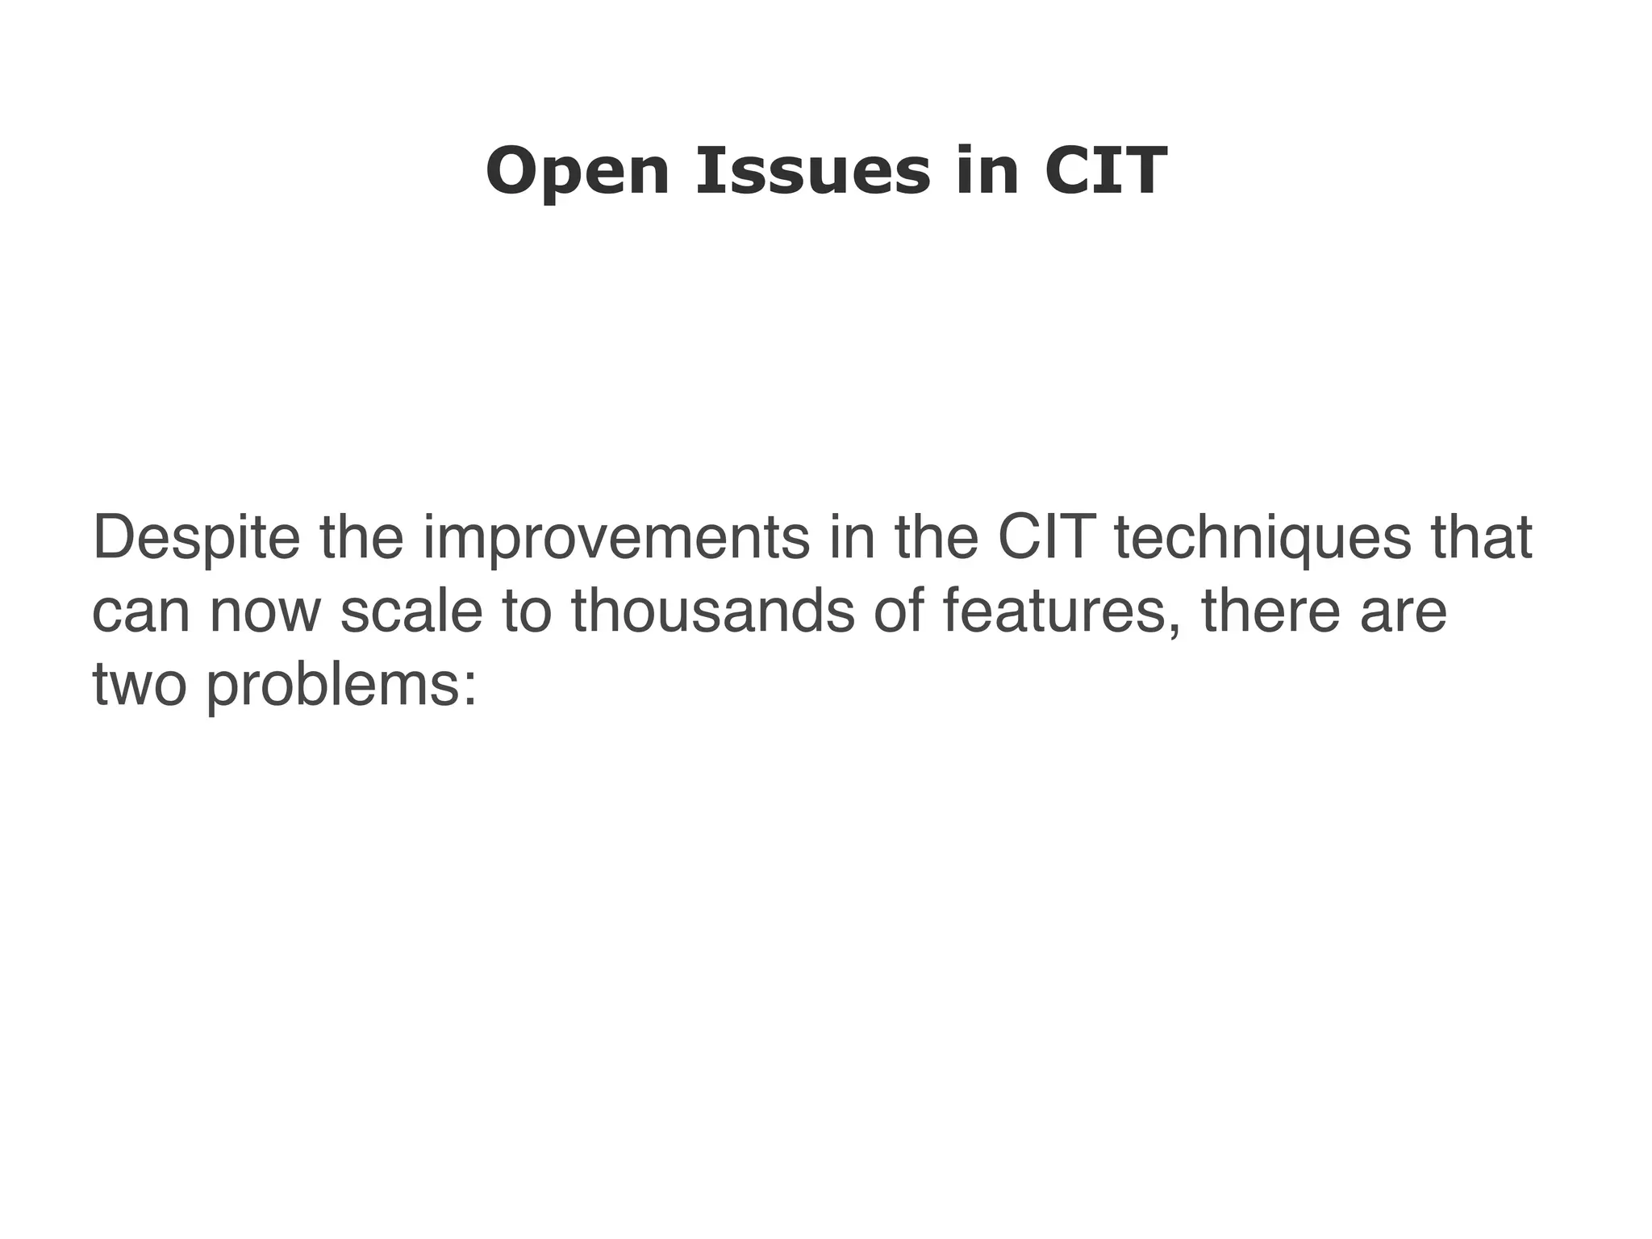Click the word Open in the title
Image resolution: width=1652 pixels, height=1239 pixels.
tap(578, 172)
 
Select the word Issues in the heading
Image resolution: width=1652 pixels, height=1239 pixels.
tap(812, 172)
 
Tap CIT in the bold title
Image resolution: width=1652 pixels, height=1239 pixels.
tap(1105, 172)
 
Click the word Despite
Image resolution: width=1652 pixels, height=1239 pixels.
tap(196, 539)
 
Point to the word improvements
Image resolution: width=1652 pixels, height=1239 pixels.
tap(616, 539)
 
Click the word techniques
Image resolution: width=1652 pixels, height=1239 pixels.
tap(1262, 539)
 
